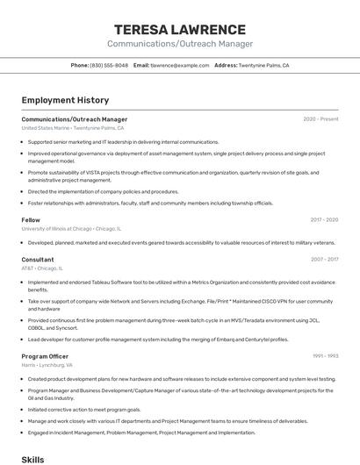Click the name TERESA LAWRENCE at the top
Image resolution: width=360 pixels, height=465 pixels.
point(179,29)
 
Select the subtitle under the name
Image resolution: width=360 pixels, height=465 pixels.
point(179,44)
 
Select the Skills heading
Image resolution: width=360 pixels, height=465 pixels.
point(32,459)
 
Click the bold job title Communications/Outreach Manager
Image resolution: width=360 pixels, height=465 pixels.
point(75,119)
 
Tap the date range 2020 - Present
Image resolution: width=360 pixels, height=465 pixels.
point(320,119)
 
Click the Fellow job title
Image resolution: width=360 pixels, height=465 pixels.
point(31,220)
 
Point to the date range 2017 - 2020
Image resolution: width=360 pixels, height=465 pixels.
point(324,220)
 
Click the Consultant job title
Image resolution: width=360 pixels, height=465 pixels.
point(38,260)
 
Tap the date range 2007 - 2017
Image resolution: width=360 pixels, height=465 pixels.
point(324,260)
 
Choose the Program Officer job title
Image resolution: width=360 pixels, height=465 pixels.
point(45,356)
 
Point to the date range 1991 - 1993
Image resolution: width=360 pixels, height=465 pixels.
point(325,356)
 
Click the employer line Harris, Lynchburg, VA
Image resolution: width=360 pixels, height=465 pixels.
point(47,365)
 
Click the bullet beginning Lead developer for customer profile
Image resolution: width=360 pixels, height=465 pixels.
point(158,339)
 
